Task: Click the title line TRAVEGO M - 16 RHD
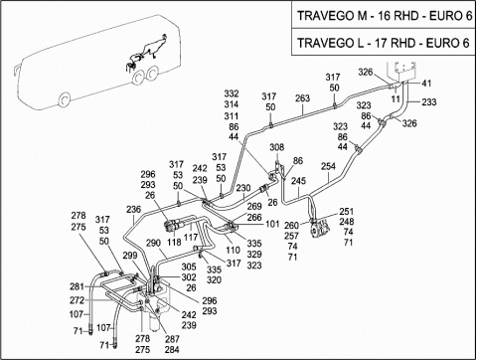(385, 16)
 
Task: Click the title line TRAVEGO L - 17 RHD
(383, 43)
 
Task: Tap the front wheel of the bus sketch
(65, 99)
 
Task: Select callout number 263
(302, 98)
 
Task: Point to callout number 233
(429, 102)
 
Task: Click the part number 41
(426, 83)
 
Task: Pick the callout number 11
(396, 98)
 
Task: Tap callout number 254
(328, 166)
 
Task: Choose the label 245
(298, 181)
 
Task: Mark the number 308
(276, 147)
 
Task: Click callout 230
(243, 188)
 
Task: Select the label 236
(133, 210)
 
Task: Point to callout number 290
(153, 243)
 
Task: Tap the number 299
(130, 256)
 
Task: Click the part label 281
(77, 286)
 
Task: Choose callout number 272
(77, 300)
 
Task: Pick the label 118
(174, 242)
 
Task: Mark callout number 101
(272, 224)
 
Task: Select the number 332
(232, 93)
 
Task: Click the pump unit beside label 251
(320, 230)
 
